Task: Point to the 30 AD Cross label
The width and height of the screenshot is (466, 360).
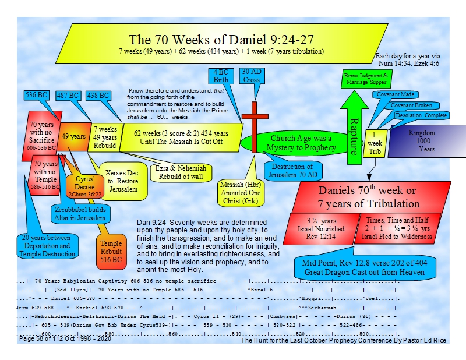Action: (x=251, y=76)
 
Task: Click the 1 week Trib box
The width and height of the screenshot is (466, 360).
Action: (x=373, y=143)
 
